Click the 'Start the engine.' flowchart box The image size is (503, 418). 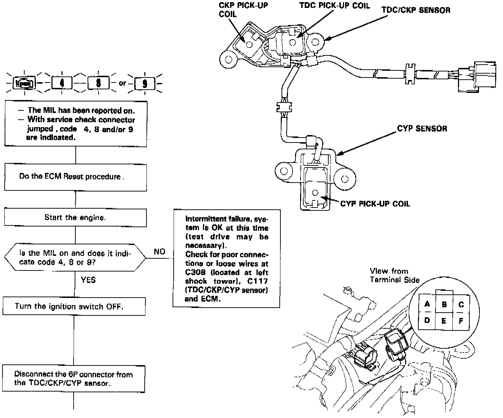(x=75, y=217)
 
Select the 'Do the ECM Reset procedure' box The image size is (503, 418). (x=75, y=177)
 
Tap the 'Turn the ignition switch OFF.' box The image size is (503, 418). (x=74, y=306)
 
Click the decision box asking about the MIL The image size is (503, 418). (x=75, y=257)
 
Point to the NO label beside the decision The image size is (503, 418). (x=159, y=252)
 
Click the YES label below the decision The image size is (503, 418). (x=88, y=280)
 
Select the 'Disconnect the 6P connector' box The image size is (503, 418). (x=74, y=379)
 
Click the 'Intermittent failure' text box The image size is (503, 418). (x=226, y=258)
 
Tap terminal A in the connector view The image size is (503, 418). (x=427, y=304)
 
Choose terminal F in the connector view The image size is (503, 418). (x=461, y=320)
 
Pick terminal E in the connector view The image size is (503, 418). (x=444, y=320)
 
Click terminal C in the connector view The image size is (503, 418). (x=461, y=304)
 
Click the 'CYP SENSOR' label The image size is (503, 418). (x=422, y=128)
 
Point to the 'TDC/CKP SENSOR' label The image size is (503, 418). (x=416, y=10)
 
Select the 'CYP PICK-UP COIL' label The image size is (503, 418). (x=375, y=204)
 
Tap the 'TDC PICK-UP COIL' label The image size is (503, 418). (x=334, y=6)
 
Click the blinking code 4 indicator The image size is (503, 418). (x=62, y=83)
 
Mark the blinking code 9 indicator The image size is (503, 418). (x=145, y=83)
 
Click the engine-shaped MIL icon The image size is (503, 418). (x=24, y=83)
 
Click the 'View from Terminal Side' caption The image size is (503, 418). (x=394, y=275)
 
